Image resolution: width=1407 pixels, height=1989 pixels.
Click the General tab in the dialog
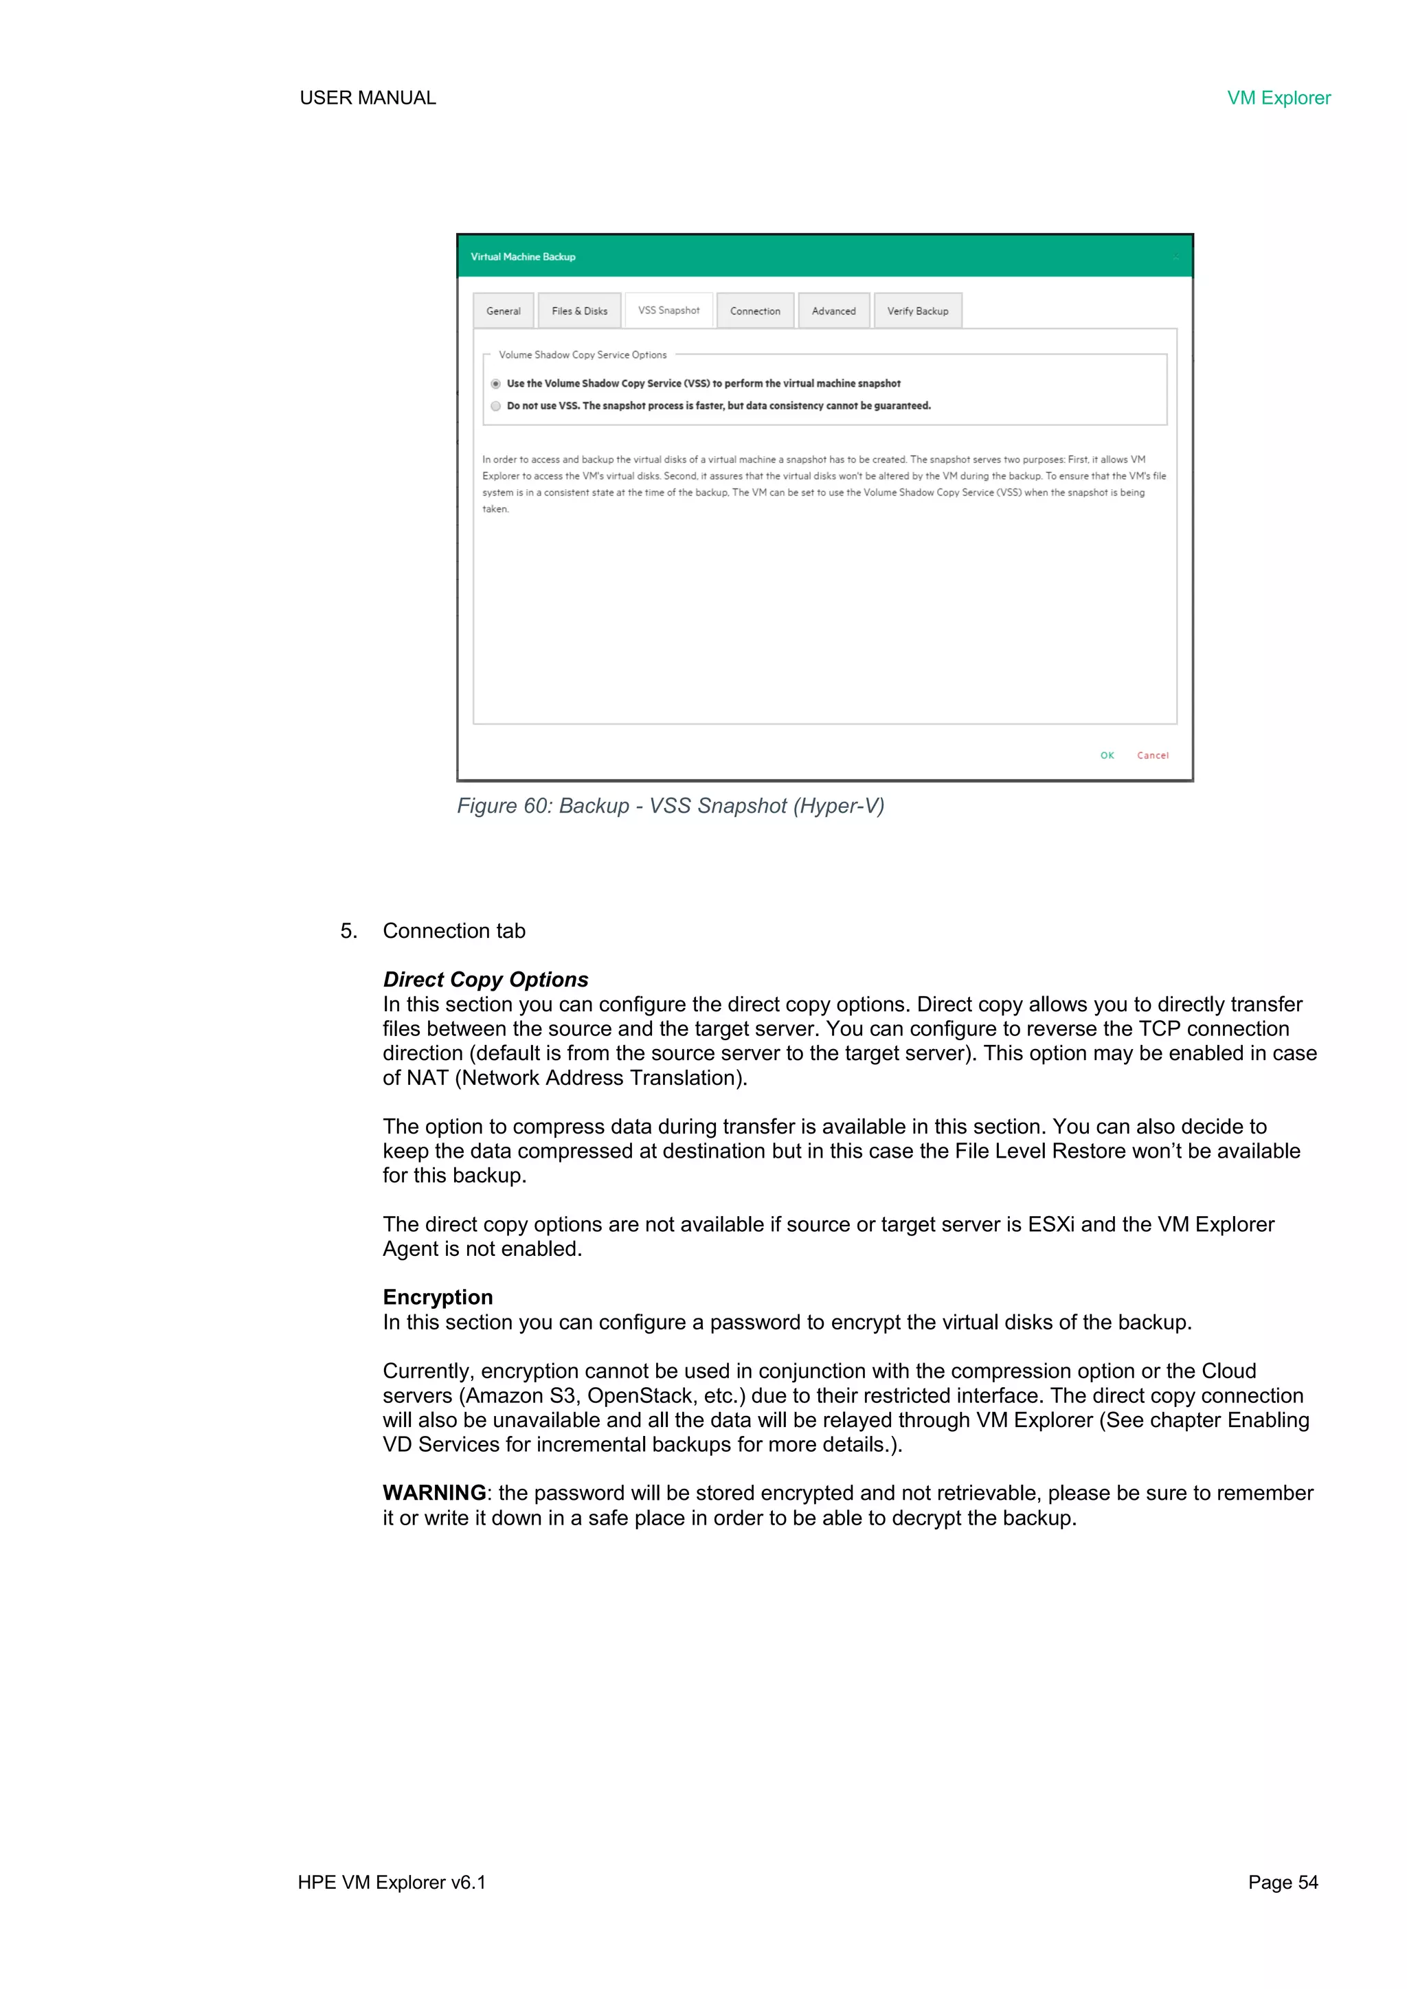[504, 311]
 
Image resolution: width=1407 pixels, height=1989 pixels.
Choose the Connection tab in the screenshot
[754, 311]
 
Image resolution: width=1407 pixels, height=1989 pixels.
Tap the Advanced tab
[833, 311]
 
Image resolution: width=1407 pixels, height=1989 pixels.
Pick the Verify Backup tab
[916, 311]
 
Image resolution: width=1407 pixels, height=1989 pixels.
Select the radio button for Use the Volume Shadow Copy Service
[495, 384]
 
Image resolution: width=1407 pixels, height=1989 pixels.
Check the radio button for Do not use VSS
[495, 406]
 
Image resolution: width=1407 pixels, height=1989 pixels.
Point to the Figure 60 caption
[670, 806]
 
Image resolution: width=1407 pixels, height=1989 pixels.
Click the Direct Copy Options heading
[485, 980]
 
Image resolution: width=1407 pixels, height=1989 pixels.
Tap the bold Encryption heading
[438, 1297]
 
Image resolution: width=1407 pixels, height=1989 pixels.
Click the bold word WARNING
[434, 1493]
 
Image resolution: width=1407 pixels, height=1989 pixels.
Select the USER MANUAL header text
[368, 98]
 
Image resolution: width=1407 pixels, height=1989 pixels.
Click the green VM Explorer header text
[1278, 98]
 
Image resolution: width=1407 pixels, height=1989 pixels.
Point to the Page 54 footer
[1282, 1883]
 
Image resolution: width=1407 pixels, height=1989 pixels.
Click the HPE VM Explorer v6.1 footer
[392, 1883]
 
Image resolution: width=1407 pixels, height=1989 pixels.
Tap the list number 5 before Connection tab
[348, 931]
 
